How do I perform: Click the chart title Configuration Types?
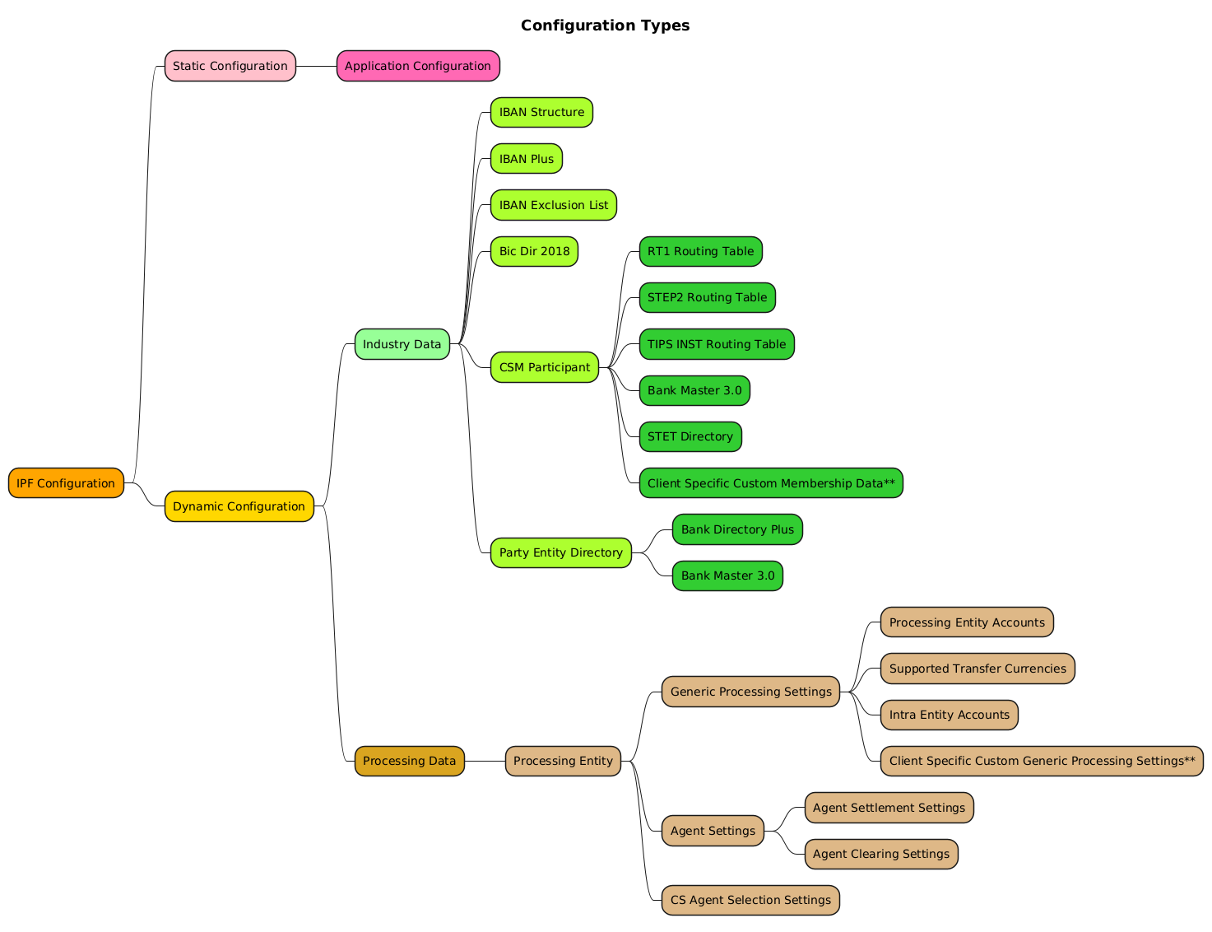605,26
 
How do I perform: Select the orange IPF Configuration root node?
66,483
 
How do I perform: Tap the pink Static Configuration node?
230,66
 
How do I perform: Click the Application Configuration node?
417,66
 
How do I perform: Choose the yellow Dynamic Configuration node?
239,506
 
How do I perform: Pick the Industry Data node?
402,344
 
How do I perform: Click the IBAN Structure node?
541,112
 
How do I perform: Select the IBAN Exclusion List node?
553,205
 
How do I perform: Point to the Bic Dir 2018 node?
534,251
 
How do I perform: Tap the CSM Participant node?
544,367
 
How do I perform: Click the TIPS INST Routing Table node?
716,344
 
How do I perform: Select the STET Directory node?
690,436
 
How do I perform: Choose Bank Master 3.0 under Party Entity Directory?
727,576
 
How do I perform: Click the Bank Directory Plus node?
736,529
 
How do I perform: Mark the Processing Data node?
409,761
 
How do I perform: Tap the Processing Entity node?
563,761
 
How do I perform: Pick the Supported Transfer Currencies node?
977,669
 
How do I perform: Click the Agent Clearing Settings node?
880,854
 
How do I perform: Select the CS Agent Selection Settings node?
750,900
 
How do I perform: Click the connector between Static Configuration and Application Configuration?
316,66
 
